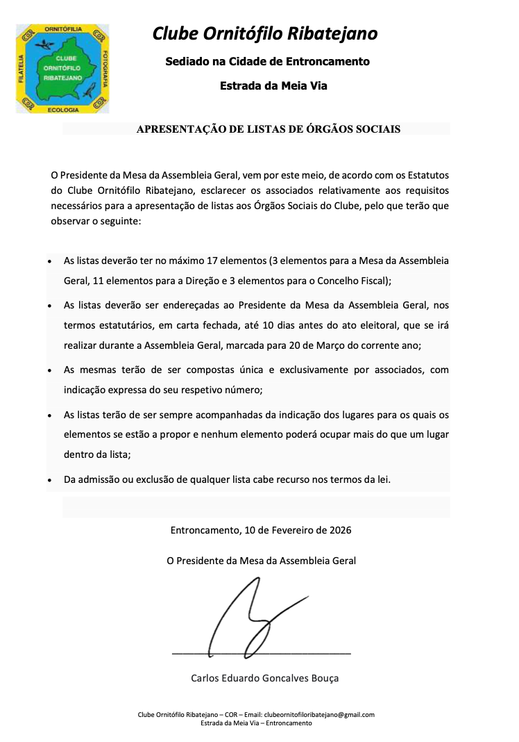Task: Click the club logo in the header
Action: (62, 69)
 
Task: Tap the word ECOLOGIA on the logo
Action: (64, 110)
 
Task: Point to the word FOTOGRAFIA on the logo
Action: (104, 69)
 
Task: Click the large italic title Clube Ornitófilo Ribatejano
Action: (265, 33)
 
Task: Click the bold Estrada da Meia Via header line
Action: (273, 86)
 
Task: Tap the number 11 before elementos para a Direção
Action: (97, 281)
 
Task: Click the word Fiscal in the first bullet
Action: (375, 281)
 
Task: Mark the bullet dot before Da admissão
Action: (49, 480)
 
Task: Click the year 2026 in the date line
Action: (339, 531)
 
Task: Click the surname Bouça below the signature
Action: (324, 678)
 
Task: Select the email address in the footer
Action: (320, 715)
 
